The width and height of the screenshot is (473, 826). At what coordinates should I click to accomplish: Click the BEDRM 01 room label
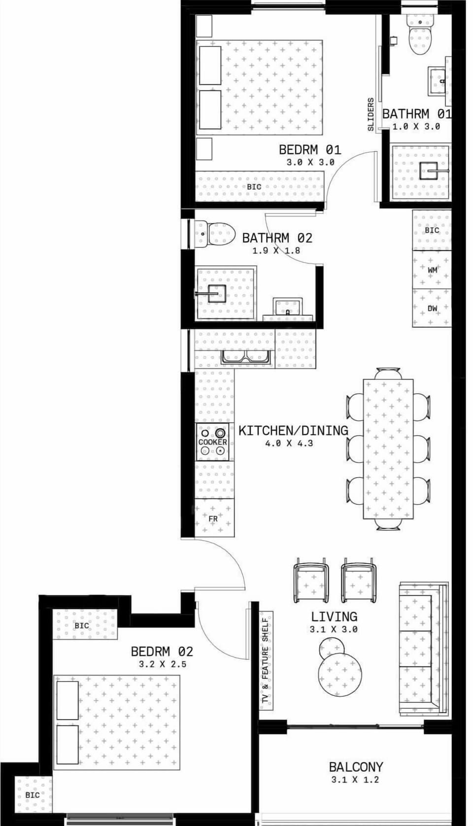(309, 149)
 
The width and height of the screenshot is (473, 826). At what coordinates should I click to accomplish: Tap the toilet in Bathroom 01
(420, 34)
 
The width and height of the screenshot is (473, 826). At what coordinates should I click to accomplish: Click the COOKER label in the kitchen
(212, 442)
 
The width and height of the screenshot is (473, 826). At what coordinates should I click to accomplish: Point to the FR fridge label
(213, 519)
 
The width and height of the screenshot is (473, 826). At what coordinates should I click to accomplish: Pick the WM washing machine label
(432, 270)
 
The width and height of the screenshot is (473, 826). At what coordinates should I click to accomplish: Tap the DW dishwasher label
(432, 309)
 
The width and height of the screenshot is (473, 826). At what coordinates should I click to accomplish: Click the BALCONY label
(356, 767)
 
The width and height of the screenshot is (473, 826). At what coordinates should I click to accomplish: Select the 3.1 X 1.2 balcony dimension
(355, 780)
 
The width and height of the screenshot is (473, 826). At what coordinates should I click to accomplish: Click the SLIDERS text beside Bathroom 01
(371, 114)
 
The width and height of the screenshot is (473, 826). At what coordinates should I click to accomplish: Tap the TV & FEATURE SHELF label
(266, 660)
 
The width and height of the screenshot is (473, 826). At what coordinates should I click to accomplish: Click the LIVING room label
(334, 617)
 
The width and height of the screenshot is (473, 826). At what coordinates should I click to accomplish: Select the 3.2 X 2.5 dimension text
(163, 664)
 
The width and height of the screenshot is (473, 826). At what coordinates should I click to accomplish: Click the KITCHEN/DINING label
(293, 430)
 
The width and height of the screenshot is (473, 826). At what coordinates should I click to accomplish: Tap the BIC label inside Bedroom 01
(254, 187)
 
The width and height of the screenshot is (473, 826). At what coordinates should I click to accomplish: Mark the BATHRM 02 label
(277, 238)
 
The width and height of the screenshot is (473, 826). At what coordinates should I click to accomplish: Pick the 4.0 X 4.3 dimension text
(289, 443)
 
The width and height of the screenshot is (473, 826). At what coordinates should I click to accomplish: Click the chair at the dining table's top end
(388, 373)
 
